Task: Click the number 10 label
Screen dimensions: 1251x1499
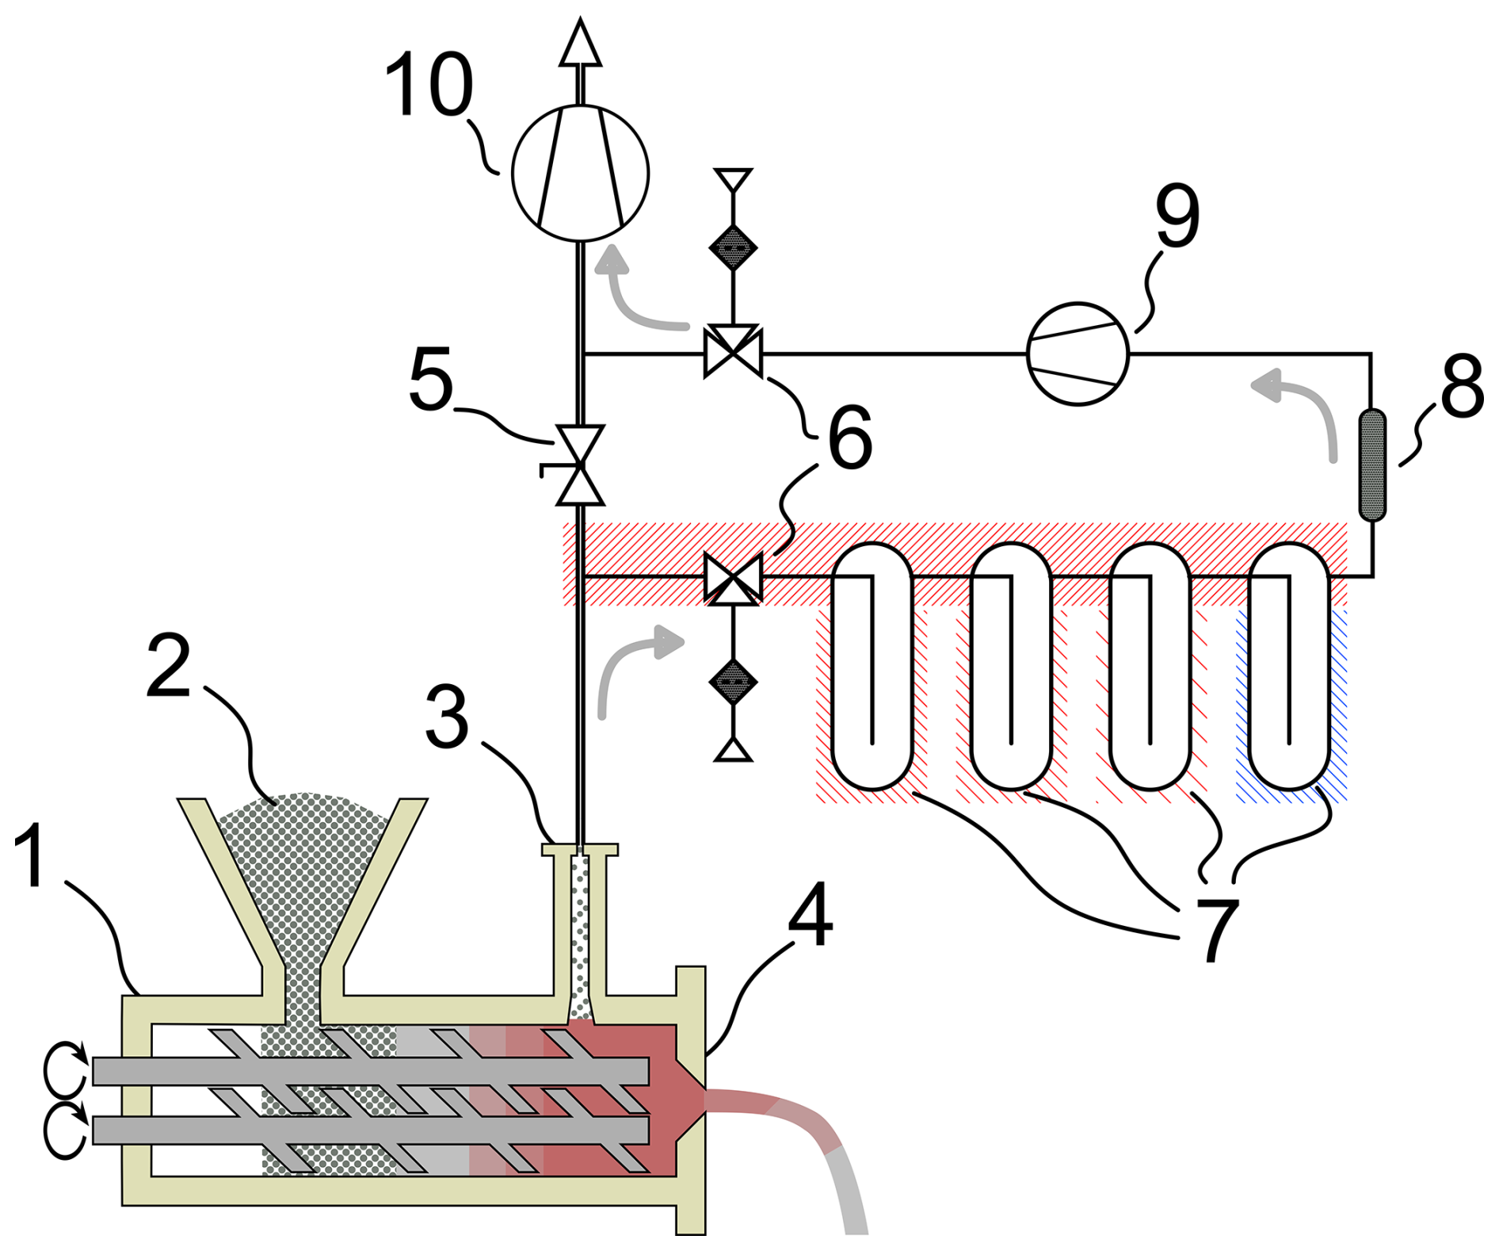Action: coord(429,86)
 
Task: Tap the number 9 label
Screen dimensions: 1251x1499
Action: coord(1177,215)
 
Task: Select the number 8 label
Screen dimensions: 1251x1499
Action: coord(1461,386)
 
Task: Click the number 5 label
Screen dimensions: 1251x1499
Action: coord(430,380)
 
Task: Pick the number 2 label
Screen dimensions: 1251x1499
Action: coord(169,667)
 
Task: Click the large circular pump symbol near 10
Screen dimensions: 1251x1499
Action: coord(580,172)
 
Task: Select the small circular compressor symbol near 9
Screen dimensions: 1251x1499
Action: coord(1077,354)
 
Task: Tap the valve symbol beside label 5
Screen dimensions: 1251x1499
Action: coord(580,466)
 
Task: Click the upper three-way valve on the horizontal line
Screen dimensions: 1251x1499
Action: coord(733,351)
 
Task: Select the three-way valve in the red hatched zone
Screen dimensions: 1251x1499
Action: coord(733,578)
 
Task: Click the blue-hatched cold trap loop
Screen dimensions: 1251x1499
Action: coord(1288,666)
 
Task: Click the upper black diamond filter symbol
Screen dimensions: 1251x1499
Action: coord(733,247)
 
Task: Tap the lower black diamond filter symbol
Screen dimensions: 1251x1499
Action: coord(733,682)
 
